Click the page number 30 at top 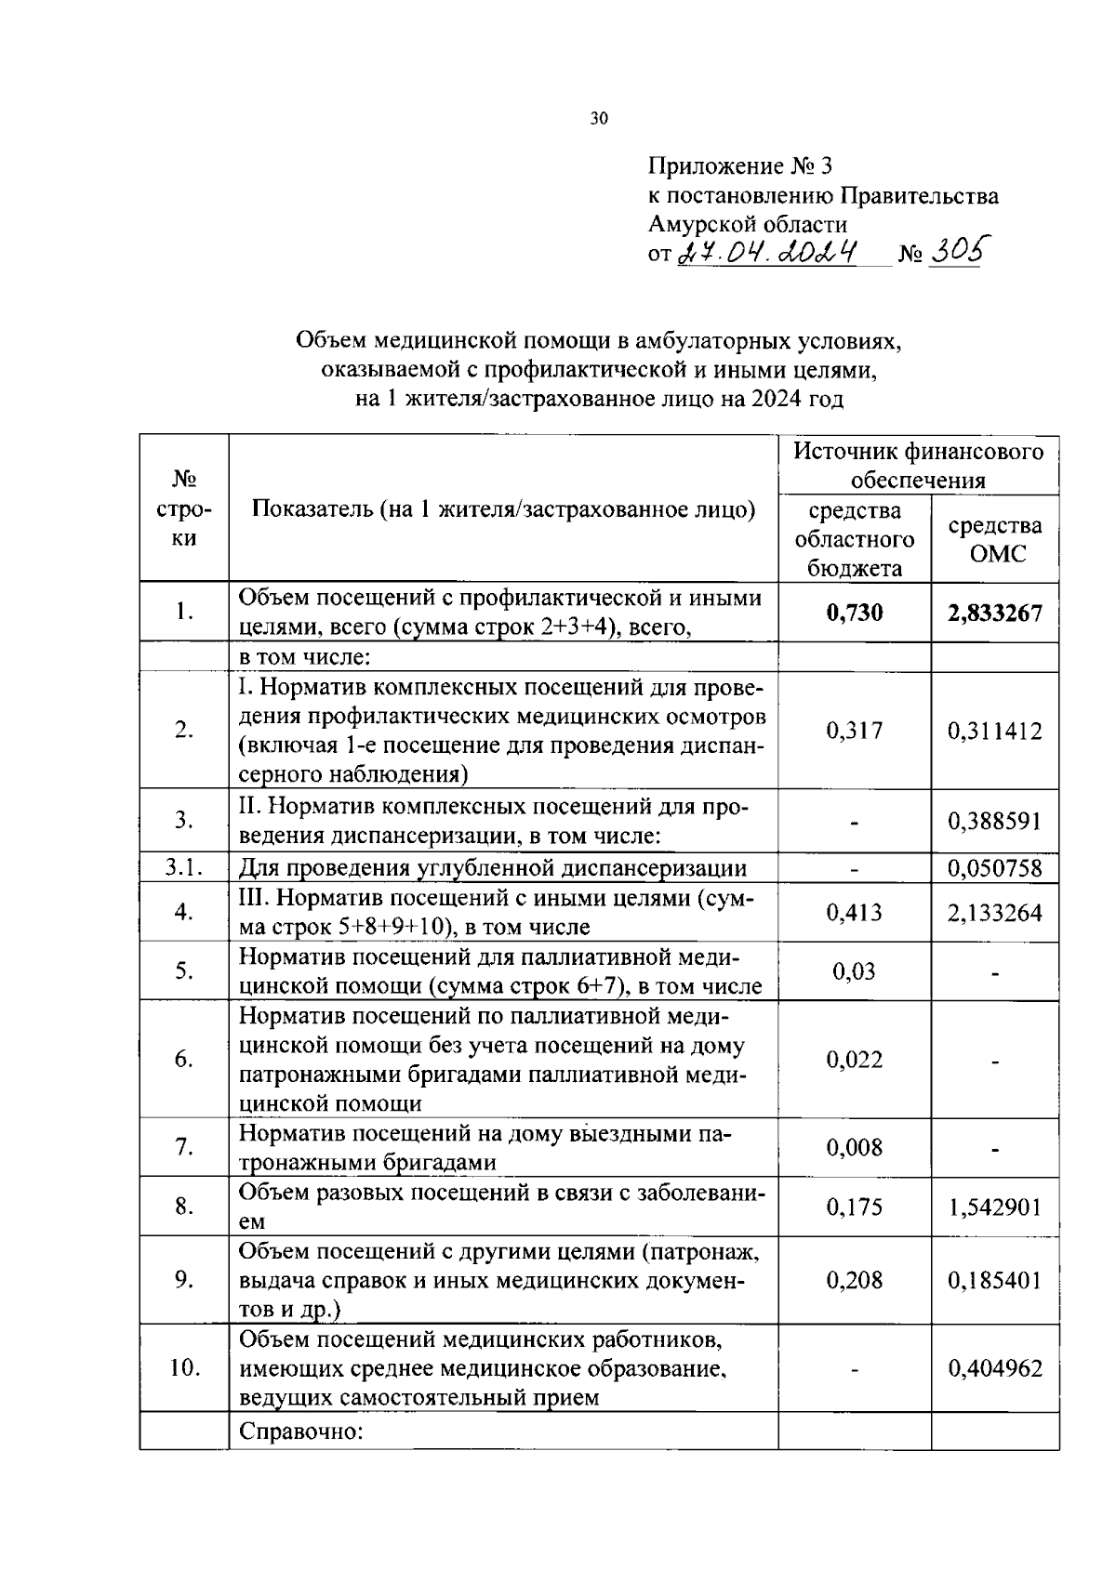point(598,119)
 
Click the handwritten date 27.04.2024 point(769,252)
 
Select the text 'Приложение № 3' point(739,166)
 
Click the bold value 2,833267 point(994,613)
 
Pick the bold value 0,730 point(854,613)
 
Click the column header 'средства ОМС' point(994,539)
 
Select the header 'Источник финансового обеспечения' point(918,466)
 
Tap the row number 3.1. point(183,868)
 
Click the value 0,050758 point(994,869)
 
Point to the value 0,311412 point(994,731)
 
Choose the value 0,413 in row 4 point(854,913)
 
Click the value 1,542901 point(994,1207)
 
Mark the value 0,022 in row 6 point(854,1060)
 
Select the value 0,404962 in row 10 point(994,1368)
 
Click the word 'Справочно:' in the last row point(299,1431)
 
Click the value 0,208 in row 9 point(854,1281)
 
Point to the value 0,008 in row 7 point(854,1148)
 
